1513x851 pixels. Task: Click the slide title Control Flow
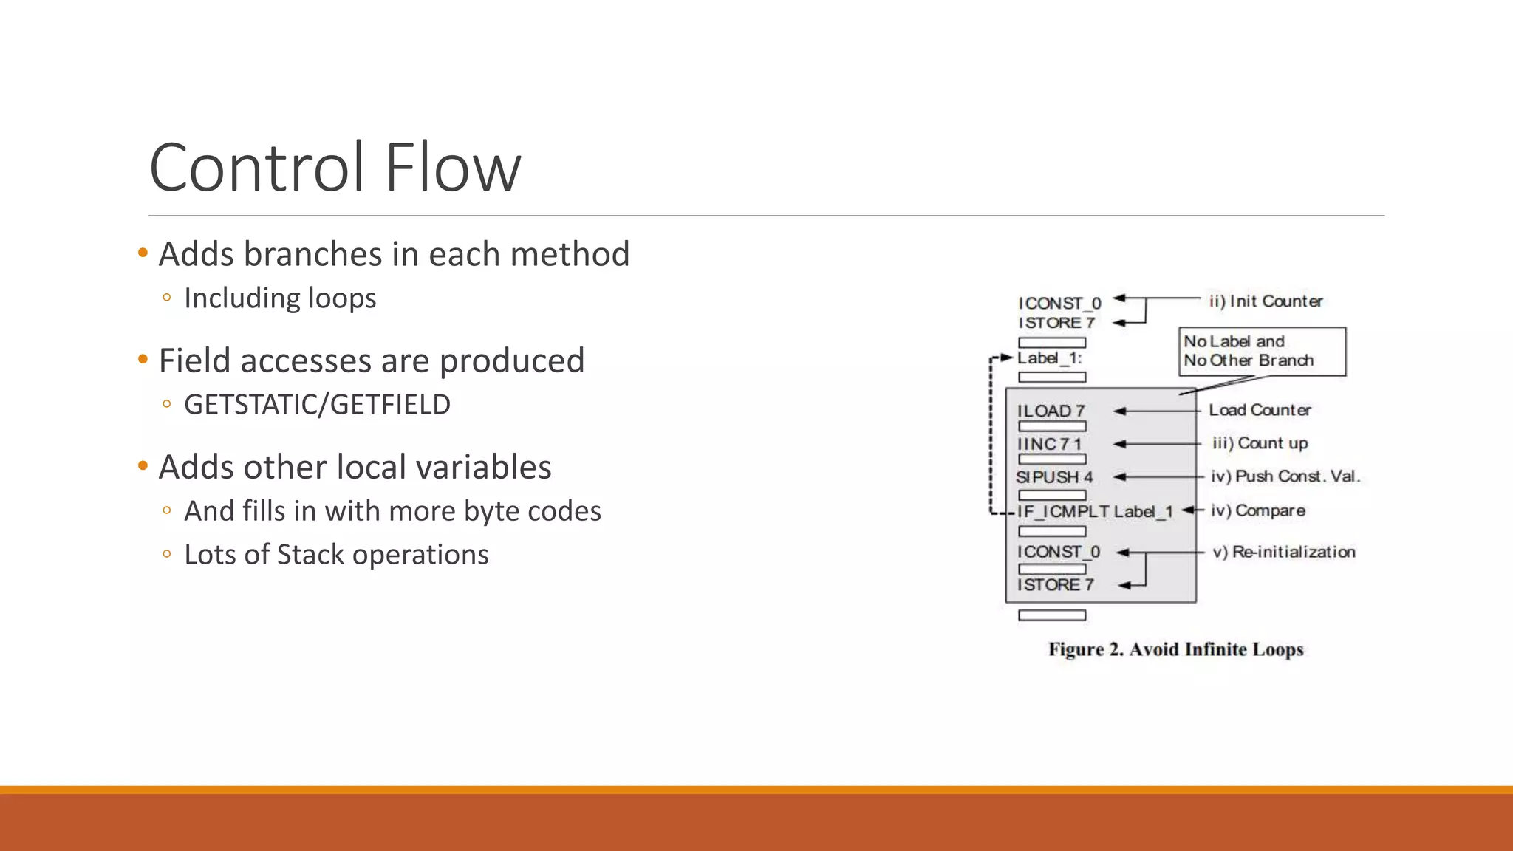pos(335,168)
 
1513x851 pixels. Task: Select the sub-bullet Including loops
pos(280,298)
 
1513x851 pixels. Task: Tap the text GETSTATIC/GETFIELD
pos(317,405)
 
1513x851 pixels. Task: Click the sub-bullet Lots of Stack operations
pos(336,555)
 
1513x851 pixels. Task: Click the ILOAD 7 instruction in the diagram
pos(1051,411)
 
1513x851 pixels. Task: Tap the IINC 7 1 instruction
pos(1049,444)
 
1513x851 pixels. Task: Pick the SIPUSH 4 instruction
pos(1054,477)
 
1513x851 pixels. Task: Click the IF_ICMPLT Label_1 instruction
pos(1095,511)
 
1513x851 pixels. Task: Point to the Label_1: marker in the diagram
pos(1049,358)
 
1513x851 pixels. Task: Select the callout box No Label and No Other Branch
pos(1261,351)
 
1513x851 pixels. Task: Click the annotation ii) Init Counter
pos(1266,301)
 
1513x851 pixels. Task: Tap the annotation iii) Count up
pos(1260,443)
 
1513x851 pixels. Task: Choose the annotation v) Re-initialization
pos(1284,552)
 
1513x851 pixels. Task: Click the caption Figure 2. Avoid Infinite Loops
pos(1175,649)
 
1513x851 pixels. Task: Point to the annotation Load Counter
pos(1260,410)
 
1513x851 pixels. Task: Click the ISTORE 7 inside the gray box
pos(1055,585)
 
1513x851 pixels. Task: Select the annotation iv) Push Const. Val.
pos(1285,476)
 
